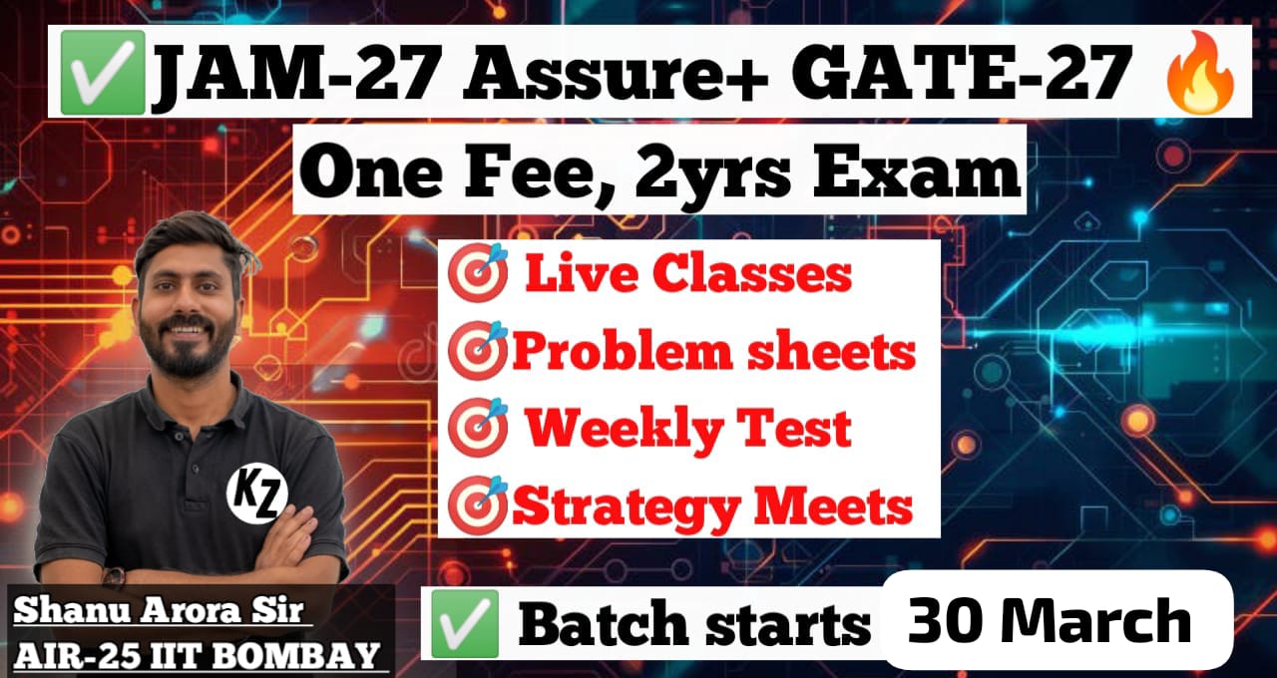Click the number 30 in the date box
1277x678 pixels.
pos(942,621)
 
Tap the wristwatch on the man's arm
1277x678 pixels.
pos(114,578)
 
